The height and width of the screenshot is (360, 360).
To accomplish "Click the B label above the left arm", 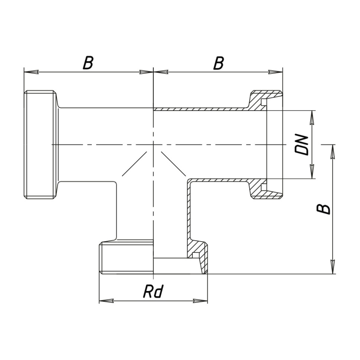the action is [x=88, y=63].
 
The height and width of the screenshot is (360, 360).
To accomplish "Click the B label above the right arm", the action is [x=218, y=63].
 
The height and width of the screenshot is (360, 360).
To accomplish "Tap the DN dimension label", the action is [x=301, y=145].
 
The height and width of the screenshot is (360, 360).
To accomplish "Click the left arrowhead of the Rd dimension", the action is [x=106, y=301].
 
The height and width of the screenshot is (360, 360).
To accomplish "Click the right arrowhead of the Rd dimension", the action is [x=201, y=301].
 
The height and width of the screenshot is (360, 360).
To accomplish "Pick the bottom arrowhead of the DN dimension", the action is [x=312, y=171].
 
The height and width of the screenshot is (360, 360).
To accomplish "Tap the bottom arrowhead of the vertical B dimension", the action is [x=333, y=267].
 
